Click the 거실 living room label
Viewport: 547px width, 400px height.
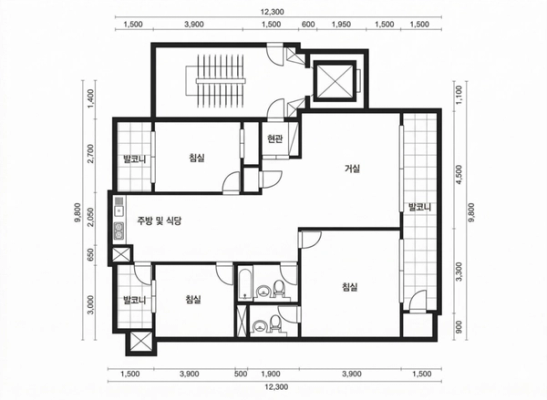(x=352, y=169)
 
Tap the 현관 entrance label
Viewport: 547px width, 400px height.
(x=275, y=139)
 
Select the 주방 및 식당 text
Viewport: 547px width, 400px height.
(x=159, y=221)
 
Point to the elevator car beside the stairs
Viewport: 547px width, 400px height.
(x=335, y=81)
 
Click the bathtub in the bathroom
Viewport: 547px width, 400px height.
(x=246, y=282)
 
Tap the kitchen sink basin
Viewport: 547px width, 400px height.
(x=119, y=211)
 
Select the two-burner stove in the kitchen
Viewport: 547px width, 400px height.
(x=119, y=231)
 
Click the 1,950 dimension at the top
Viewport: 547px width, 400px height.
(x=341, y=24)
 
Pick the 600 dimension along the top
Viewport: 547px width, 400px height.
(x=308, y=24)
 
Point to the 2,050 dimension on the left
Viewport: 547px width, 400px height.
(x=91, y=217)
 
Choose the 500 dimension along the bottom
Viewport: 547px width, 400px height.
(x=241, y=374)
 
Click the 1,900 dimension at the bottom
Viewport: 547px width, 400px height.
(x=271, y=374)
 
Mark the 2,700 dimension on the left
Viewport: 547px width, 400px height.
(x=91, y=153)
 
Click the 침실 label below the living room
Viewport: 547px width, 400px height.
(x=350, y=287)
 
